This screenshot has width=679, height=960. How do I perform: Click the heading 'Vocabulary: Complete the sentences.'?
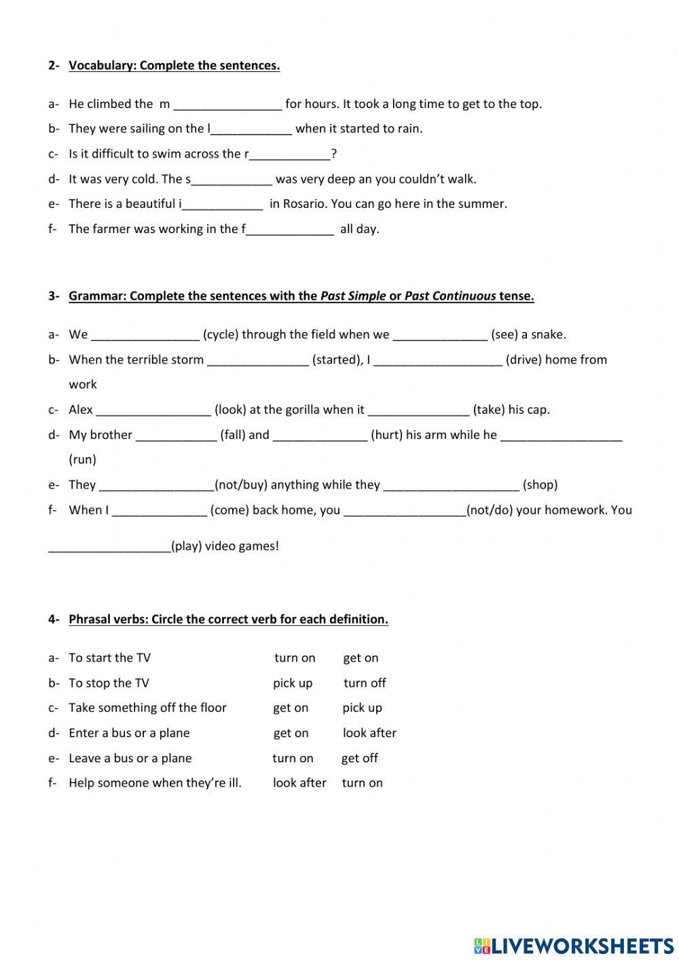(x=174, y=66)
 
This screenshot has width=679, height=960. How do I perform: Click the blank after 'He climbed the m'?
(x=227, y=105)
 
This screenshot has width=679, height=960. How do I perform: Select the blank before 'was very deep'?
(x=232, y=180)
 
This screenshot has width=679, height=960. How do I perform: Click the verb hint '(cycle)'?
(x=220, y=334)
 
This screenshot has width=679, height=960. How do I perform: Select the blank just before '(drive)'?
(x=437, y=360)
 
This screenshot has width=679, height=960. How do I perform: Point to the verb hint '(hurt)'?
(x=386, y=435)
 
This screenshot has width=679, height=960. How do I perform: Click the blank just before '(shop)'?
(x=451, y=485)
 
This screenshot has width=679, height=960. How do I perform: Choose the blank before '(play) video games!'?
(x=109, y=546)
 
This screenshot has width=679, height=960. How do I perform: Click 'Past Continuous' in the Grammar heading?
(x=450, y=296)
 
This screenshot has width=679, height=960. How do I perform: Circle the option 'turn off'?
(x=365, y=683)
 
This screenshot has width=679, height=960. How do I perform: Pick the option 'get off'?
(x=359, y=758)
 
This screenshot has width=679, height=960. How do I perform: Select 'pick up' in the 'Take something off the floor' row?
(x=362, y=708)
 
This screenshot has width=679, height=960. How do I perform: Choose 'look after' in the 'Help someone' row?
(x=299, y=783)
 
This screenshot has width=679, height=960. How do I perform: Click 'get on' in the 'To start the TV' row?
(x=361, y=658)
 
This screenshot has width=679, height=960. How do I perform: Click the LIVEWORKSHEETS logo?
(x=573, y=946)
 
